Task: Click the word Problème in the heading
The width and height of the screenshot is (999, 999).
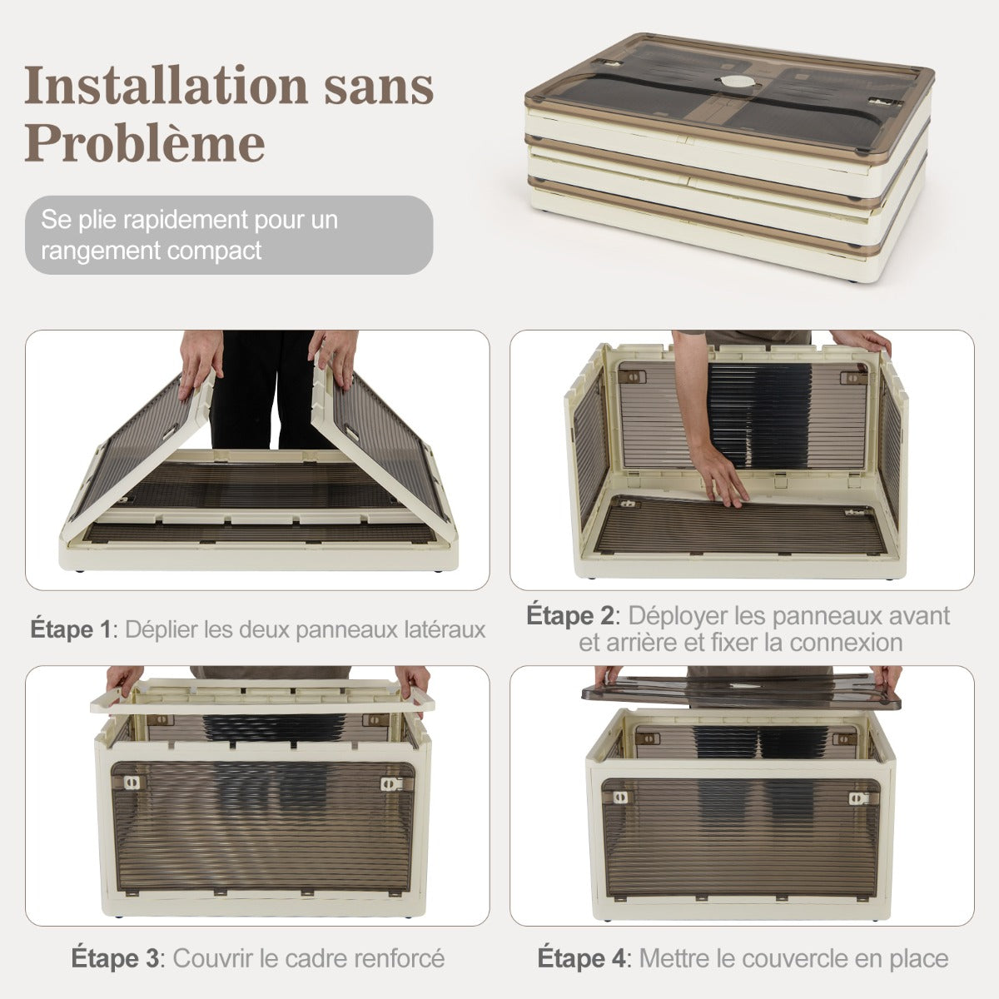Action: [x=145, y=142]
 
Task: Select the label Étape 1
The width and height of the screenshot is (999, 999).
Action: [x=71, y=629]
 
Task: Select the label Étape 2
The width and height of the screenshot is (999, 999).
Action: [x=569, y=615]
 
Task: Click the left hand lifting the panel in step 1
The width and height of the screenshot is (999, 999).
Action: [x=200, y=363]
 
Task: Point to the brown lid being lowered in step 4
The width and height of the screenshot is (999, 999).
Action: [x=742, y=689]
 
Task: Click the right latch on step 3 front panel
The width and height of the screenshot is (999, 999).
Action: [x=391, y=783]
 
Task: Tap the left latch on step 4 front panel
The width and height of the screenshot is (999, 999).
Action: [x=619, y=798]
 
